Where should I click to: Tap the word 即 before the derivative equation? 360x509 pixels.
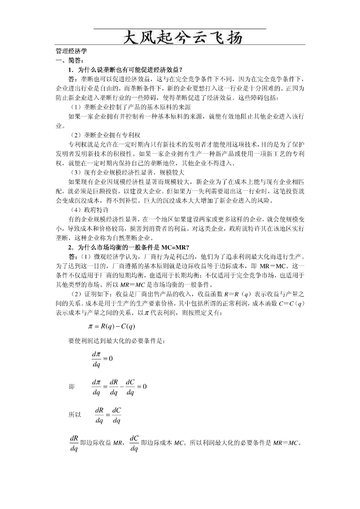(72, 387)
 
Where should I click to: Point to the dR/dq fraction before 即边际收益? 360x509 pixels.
(74, 443)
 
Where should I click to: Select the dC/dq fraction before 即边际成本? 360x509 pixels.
(134, 443)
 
